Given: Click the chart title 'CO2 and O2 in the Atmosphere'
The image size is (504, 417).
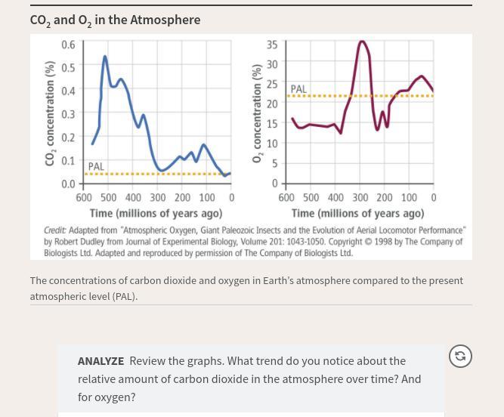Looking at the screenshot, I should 115,20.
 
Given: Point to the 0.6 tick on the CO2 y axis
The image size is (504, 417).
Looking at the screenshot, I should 68,45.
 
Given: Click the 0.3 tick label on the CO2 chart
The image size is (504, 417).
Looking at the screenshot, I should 68,114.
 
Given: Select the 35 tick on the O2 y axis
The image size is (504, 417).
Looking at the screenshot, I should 272,45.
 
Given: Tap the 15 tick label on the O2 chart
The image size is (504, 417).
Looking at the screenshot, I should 272,124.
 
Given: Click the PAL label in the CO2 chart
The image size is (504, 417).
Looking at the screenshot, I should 96,166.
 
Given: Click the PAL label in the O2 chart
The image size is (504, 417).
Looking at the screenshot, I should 298,89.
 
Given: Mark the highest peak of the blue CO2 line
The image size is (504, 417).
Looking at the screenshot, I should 105,57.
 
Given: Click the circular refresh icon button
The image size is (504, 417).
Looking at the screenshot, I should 460,356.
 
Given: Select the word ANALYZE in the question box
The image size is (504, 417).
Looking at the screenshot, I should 100,361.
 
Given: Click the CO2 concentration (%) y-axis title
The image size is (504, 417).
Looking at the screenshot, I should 51,113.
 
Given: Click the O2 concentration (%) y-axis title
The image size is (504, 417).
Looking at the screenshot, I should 257,113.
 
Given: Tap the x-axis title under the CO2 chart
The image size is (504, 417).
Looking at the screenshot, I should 156,214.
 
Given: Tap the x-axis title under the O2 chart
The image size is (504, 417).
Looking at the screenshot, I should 357,214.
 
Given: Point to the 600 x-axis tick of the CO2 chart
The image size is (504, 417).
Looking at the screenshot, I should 84,198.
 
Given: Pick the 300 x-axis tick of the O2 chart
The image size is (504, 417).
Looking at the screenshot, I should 360,198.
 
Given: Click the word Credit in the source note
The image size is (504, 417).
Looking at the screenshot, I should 54,230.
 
